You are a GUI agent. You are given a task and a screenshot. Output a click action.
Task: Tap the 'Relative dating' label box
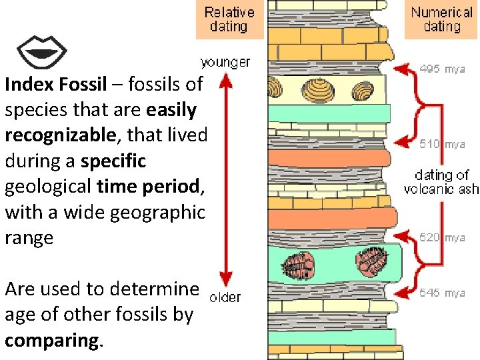pyautogui.click(x=229, y=19)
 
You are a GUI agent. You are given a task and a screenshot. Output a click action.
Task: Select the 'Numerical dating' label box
pyautogui.click(x=441, y=19)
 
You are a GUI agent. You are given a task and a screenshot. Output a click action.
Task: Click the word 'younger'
pyautogui.click(x=225, y=63)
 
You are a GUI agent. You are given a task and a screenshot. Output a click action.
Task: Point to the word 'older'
pyautogui.click(x=225, y=297)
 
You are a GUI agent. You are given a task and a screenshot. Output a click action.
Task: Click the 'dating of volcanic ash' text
pyautogui.click(x=441, y=182)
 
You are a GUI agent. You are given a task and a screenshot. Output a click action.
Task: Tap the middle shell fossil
pyautogui.click(x=315, y=89)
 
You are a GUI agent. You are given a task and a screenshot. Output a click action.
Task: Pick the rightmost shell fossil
pyautogui.click(x=363, y=89)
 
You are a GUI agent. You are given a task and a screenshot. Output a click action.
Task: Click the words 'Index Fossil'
pyautogui.click(x=55, y=85)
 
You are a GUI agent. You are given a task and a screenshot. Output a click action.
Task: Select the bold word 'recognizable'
pyautogui.click(x=60, y=136)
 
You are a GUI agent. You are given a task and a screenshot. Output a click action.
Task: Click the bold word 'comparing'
pyautogui.click(x=53, y=339)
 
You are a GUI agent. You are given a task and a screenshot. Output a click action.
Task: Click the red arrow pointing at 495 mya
pyautogui.click(x=402, y=68)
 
